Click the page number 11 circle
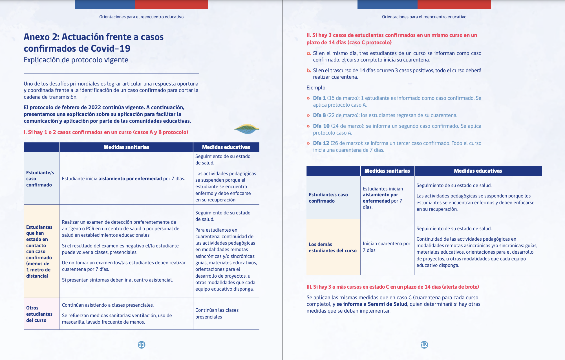pyautogui.click(x=142, y=344)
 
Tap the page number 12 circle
pyautogui.click(x=424, y=344)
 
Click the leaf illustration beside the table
pyautogui.click(x=246, y=129)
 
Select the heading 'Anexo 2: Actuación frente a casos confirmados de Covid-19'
pyautogui.click(x=94, y=43)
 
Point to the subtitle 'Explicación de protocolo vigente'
pyautogui.click(x=76, y=60)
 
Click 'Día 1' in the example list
pyautogui.click(x=319, y=98)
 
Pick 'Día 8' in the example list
pyautogui.click(x=319, y=115)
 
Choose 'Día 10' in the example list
pyautogui.click(x=321, y=126)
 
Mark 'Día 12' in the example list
pyautogui.click(x=321, y=143)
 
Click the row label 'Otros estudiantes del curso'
pyautogui.click(x=39, y=314)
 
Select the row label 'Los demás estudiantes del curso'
pyautogui.click(x=332, y=247)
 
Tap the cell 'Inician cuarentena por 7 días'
pyautogui.click(x=386, y=247)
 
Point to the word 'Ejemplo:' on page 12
pyautogui.click(x=316, y=88)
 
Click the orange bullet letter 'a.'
pyautogui.click(x=309, y=53)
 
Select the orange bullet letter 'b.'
pyautogui.click(x=309, y=71)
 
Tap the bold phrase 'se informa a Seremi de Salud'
pyautogui.click(x=372, y=304)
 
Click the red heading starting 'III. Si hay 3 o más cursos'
pyautogui.click(x=392, y=287)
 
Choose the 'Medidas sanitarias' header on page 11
pyautogui.click(x=126, y=147)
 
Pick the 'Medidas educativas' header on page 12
pyautogui.click(x=478, y=171)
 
